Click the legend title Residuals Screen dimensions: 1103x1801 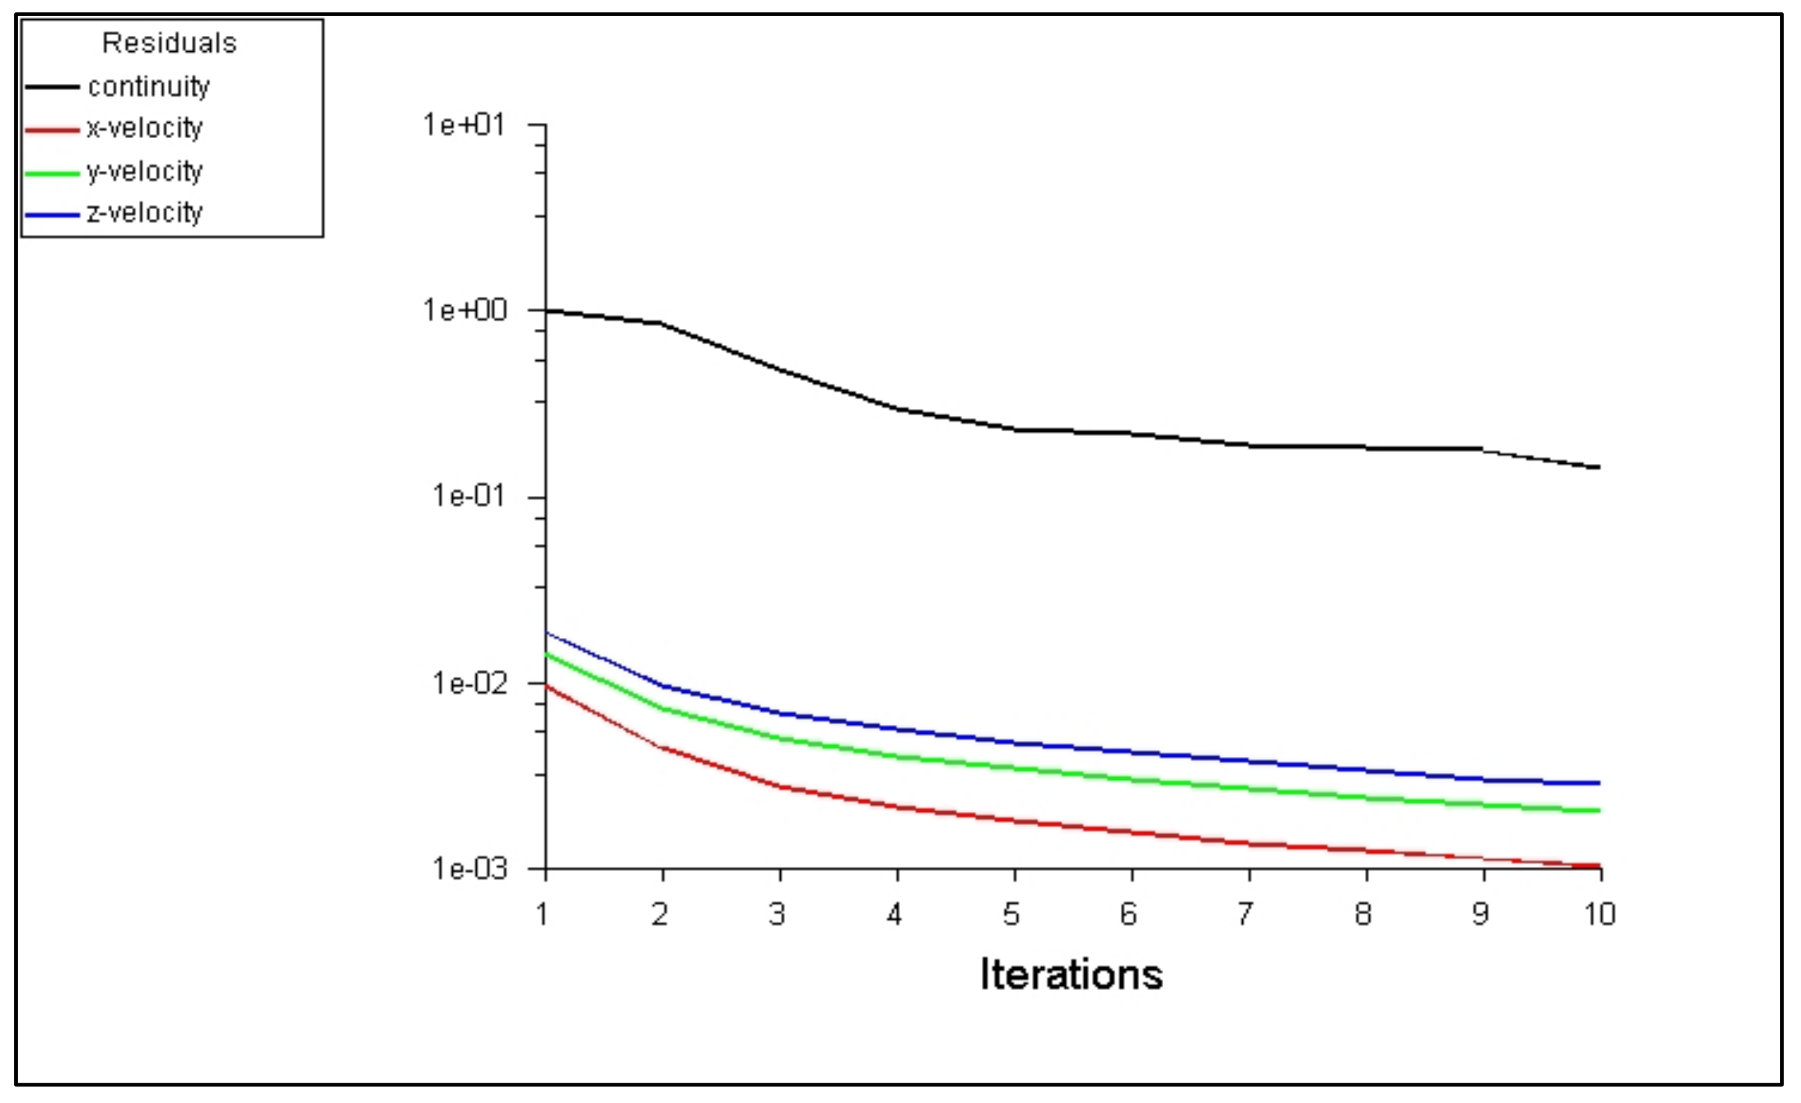pos(170,43)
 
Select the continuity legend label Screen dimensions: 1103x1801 pos(149,87)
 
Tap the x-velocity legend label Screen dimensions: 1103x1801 pos(144,129)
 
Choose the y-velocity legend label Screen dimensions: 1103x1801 pos(144,171)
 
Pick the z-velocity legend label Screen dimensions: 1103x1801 pos(144,213)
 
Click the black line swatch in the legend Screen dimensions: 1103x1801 pos(52,87)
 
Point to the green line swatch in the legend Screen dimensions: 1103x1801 pos(52,173)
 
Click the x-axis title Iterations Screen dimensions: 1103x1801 pos(1071,974)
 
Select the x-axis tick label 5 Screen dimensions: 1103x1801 pos(1011,914)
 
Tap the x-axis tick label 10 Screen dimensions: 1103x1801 pos(1599,914)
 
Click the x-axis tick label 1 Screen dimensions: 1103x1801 pos(542,914)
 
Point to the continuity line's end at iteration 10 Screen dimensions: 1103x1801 pos(1599,467)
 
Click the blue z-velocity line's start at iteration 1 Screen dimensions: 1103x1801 pos(546,633)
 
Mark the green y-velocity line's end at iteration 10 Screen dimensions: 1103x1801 pos(1599,810)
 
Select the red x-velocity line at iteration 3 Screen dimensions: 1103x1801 pos(780,787)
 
